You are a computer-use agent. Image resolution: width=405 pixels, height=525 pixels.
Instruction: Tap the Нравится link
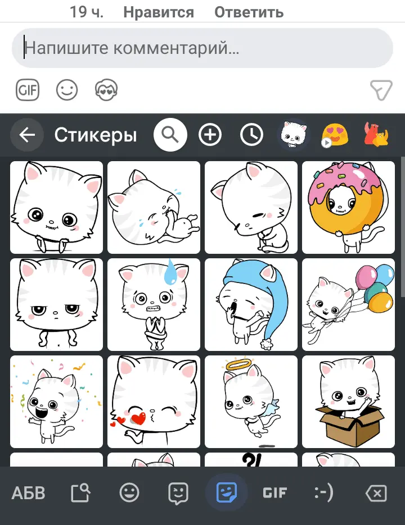click(158, 12)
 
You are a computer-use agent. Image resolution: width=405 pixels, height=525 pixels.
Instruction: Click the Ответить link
click(249, 12)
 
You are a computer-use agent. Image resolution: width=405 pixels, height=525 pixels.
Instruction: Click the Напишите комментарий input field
click(202, 48)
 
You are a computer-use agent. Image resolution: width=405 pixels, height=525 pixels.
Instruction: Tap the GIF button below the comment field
click(28, 90)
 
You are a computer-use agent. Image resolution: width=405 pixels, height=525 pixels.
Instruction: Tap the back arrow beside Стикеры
click(27, 135)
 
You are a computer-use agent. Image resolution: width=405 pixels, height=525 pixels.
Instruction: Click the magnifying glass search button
click(170, 135)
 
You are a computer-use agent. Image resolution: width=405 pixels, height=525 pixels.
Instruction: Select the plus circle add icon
click(210, 135)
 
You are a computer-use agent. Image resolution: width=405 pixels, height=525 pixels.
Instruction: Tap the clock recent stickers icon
click(251, 135)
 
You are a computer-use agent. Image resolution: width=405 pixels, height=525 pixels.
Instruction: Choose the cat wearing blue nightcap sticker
click(250, 304)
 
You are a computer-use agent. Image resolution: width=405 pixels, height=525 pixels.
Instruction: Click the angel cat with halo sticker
click(250, 401)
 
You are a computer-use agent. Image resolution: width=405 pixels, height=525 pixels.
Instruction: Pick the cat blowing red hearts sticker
click(154, 401)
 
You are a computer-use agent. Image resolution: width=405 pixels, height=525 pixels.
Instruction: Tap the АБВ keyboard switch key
click(29, 494)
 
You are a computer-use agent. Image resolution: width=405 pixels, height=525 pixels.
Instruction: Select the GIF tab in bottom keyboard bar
click(275, 494)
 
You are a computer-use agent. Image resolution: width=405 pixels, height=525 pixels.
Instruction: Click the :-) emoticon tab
click(323, 494)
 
